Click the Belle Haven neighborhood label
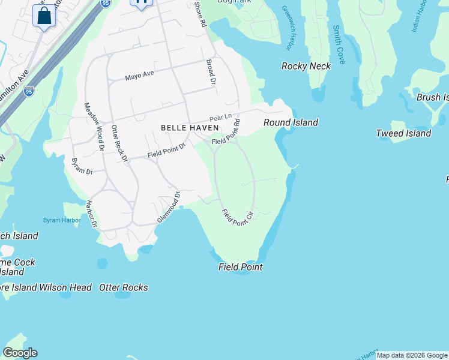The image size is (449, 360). (x=189, y=128)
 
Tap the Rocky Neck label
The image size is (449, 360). (x=306, y=66)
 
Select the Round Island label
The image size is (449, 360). (x=291, y=122)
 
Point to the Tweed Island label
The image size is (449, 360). (x=403, y=133)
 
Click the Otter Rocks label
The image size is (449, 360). (x=124, y=287)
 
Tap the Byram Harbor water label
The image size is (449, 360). (x=61, y=220)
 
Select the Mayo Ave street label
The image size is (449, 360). (x=140, y=76)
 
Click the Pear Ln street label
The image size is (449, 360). (x=220, y=118)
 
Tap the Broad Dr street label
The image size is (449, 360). (x=211, y=71)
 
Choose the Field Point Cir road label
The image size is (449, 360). (x=238, y=217)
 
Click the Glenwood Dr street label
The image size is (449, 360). (x=169, y=208)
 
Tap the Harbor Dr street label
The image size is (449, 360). (x=92, y=214)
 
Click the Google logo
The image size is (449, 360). (x=20, y=353)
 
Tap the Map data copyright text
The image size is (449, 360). (x=411, y=356)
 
